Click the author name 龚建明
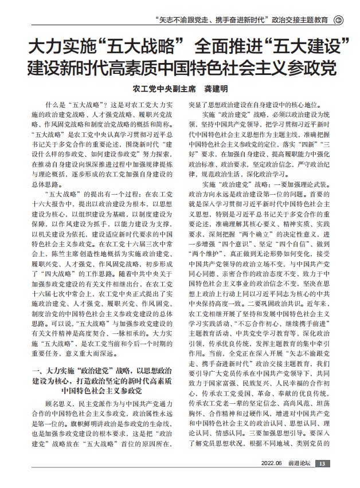click(216, 90)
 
